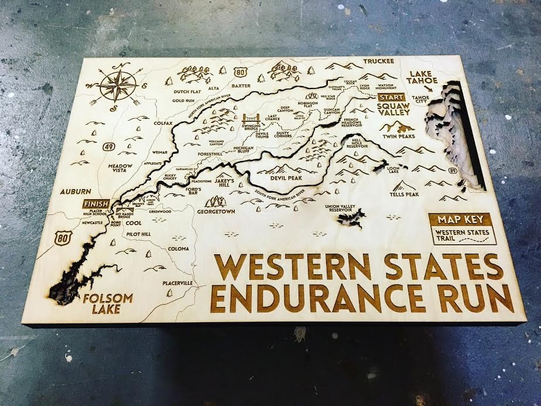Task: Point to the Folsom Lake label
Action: coord(107,303)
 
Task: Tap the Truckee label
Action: coord(379,61)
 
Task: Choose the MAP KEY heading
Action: coord(461,220)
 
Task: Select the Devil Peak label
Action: coord(286,177)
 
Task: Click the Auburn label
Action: coord(75,191)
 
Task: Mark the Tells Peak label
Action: coord(404,194)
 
